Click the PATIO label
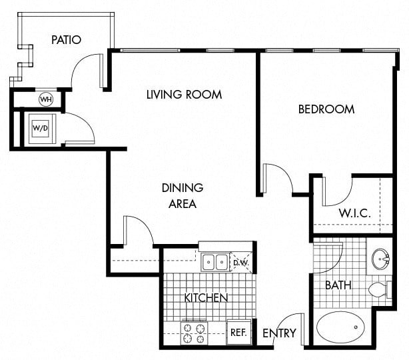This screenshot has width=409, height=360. (66, 40)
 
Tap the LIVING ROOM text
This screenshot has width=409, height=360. (184, 95)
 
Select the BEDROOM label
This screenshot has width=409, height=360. (326, 109)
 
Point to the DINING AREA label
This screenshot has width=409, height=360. (182, 196)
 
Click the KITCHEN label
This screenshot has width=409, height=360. (206, 297)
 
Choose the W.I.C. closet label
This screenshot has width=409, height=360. (354, 213)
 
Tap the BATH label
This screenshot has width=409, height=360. (338, 285)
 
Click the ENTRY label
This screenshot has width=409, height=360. (279, 333)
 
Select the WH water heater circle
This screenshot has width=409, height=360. (45, 100)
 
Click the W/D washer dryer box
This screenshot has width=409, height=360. (41, 127)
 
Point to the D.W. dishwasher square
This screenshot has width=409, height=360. (240, 262)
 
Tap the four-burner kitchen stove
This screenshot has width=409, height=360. (195, 333)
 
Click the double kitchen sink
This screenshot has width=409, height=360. (214, 262)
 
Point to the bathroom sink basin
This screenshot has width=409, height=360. (380, 257)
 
